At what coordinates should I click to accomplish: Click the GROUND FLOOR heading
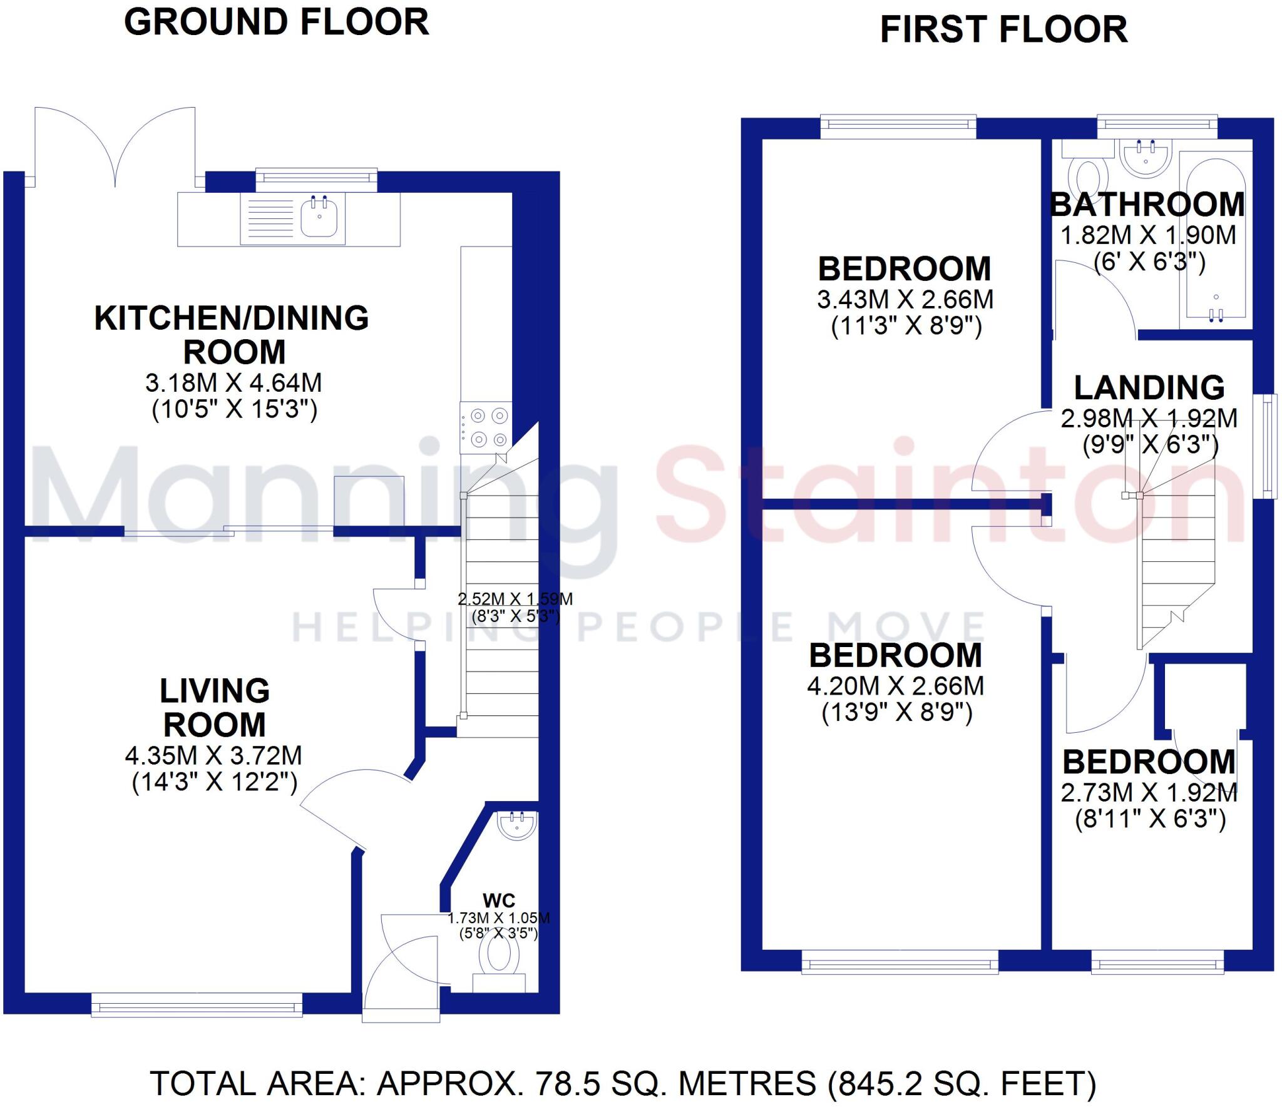pos(276,23)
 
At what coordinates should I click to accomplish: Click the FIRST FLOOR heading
pos(1003,30)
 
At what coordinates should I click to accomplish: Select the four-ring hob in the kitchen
pos(486,428)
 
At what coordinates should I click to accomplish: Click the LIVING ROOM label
pos(215,708)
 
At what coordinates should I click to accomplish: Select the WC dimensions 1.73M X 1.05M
pos(498,918)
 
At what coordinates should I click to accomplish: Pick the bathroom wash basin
pos(1145,157)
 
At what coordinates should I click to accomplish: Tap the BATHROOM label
pos(1147,205)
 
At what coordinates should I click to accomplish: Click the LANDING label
pos(1149,388)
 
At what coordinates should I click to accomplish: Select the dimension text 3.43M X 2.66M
pos(905,300)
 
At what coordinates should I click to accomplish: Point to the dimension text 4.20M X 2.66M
pos(896,686)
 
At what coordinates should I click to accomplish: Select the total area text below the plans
pos(623,1083)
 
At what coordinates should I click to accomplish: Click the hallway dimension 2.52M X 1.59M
pos(515,599)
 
